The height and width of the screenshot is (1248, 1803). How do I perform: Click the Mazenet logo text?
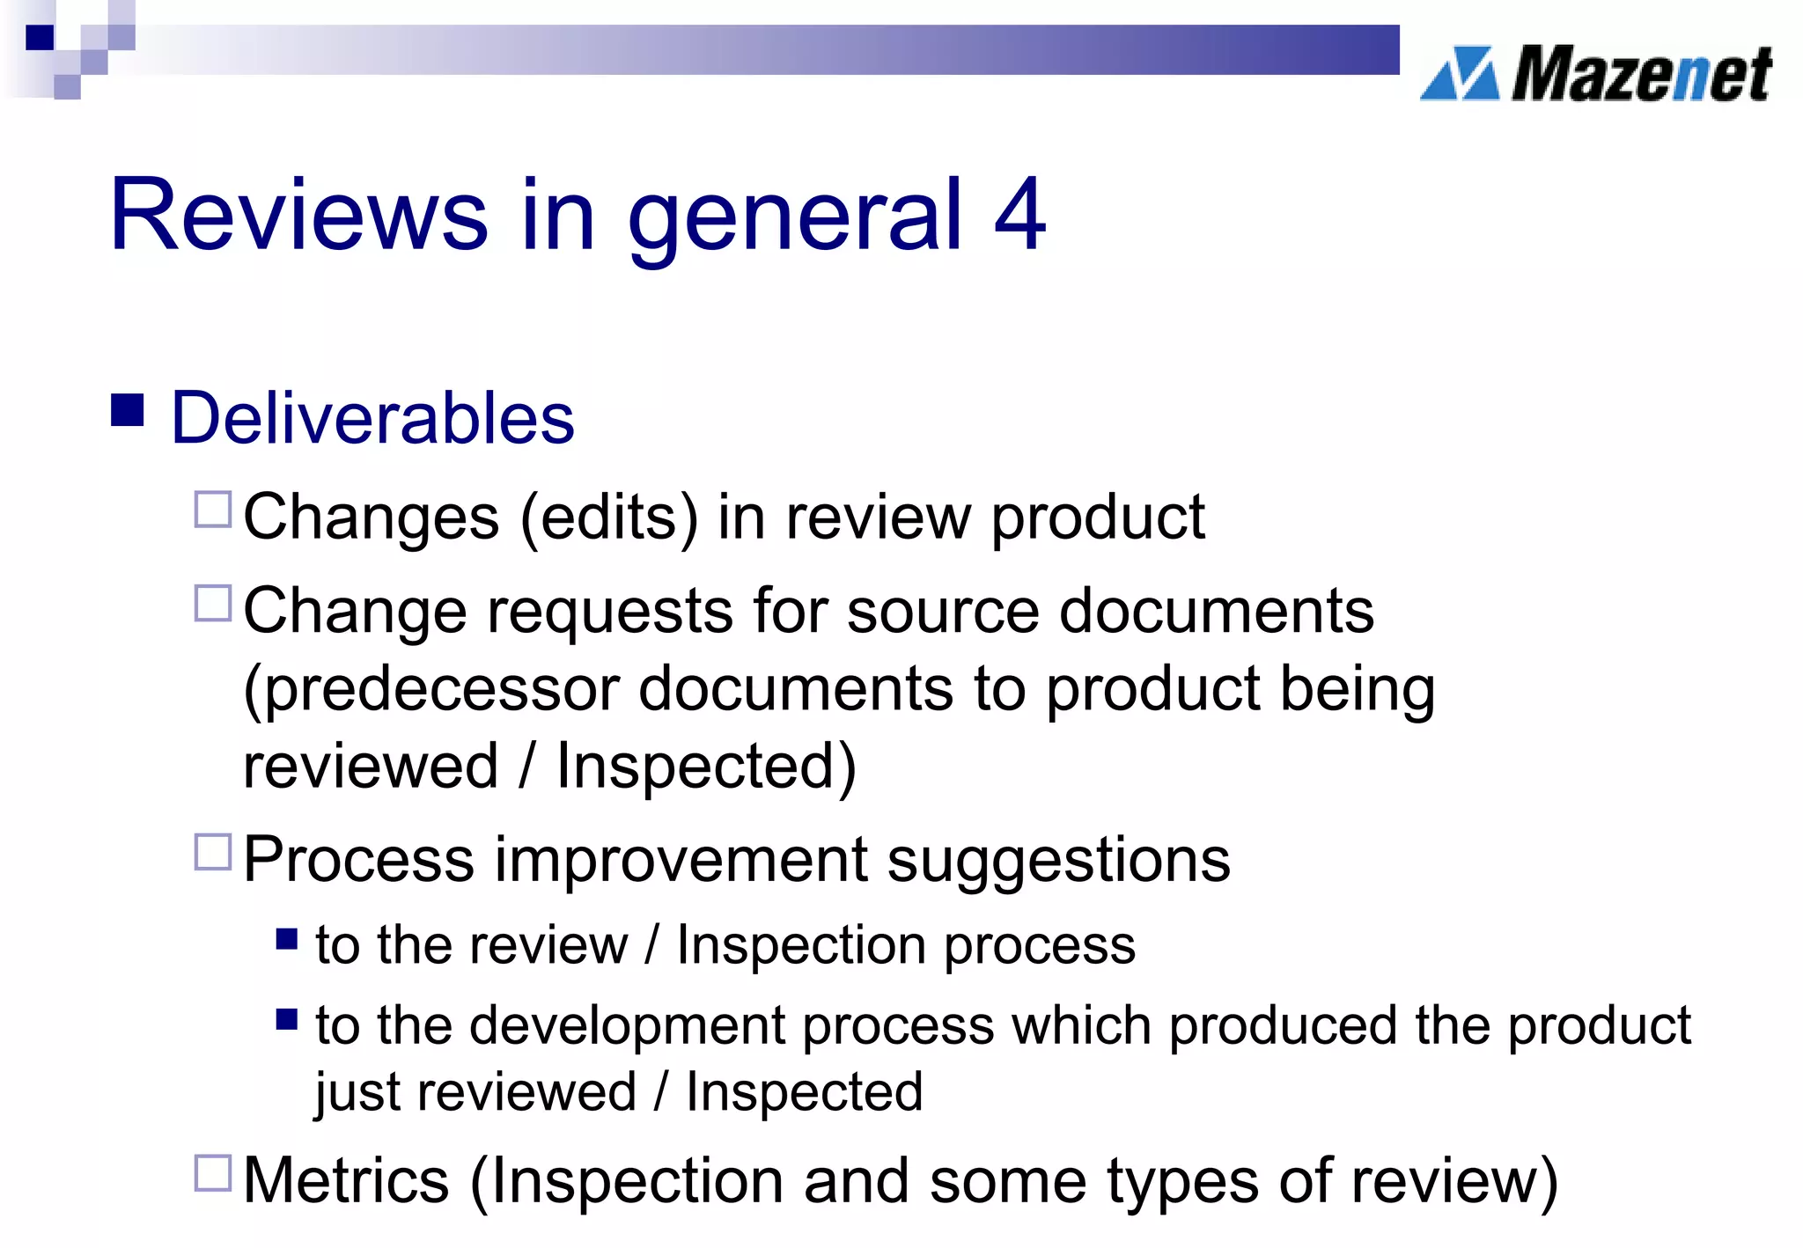click(1641, 75)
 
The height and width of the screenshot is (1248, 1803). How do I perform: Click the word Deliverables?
click(372, 418)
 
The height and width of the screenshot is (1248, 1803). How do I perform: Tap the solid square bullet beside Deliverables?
click(128, 409)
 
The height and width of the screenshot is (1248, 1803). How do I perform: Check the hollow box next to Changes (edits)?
click(212, 510)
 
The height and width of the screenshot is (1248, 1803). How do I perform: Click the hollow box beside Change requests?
click(212, 604)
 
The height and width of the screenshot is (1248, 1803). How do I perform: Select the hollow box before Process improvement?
click(212, 852)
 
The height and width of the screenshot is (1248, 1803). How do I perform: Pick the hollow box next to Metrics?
click(212, 1172)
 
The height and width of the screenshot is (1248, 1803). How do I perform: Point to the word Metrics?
click(346, 1180)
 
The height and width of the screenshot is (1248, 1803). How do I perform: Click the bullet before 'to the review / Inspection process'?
click(287, 939)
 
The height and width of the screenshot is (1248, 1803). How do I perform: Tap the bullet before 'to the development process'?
click(287, 1019)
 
